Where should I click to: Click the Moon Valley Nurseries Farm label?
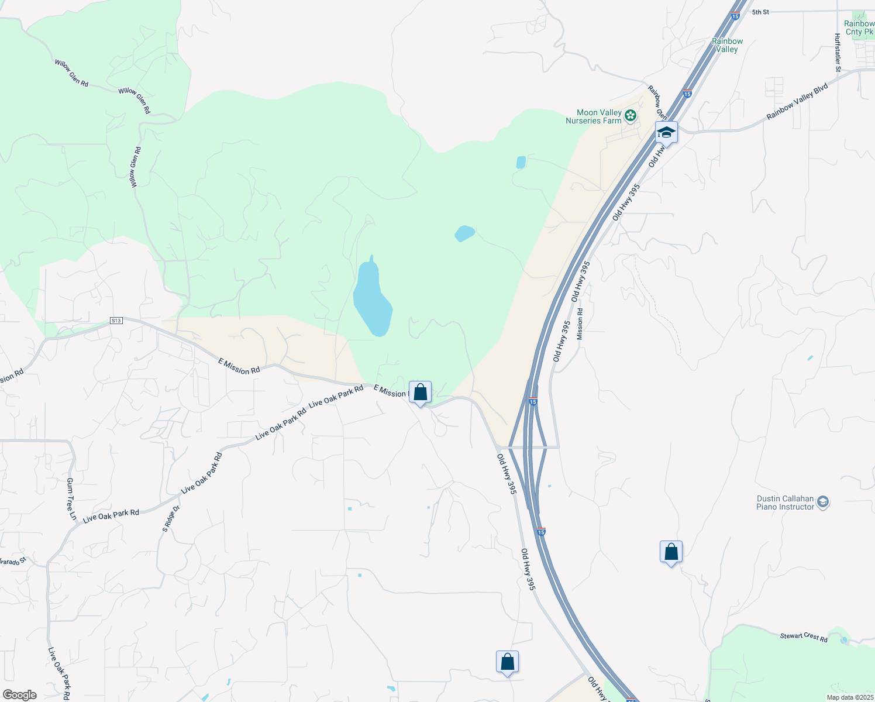coord(593,116)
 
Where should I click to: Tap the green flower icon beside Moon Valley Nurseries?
coord(631,116)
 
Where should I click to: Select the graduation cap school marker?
coord(666,133)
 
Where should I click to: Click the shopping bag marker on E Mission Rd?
coord(420,393)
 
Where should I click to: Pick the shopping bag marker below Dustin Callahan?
coord(671,552)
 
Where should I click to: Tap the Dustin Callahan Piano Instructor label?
coord(785,503)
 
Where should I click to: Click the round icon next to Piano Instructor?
coord(823,503)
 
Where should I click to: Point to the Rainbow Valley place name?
coord(727,45)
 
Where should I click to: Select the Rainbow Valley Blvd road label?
coord(797,102)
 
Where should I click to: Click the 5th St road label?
coord(760,12)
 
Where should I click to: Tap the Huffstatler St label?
coord(838,53)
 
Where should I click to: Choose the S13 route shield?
coord(116,321)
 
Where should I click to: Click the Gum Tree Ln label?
coord(71,499)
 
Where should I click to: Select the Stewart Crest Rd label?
coord(804,637)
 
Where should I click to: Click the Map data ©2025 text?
coord(849,697)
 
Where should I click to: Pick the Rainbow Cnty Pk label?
coord(859,28)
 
